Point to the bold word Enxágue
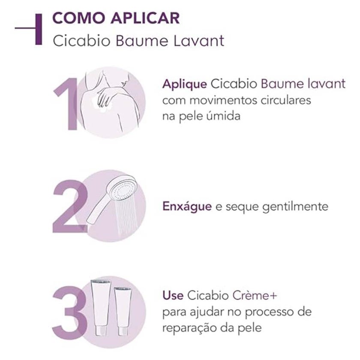click(187, 207)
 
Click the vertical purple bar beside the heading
click(39, 28)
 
